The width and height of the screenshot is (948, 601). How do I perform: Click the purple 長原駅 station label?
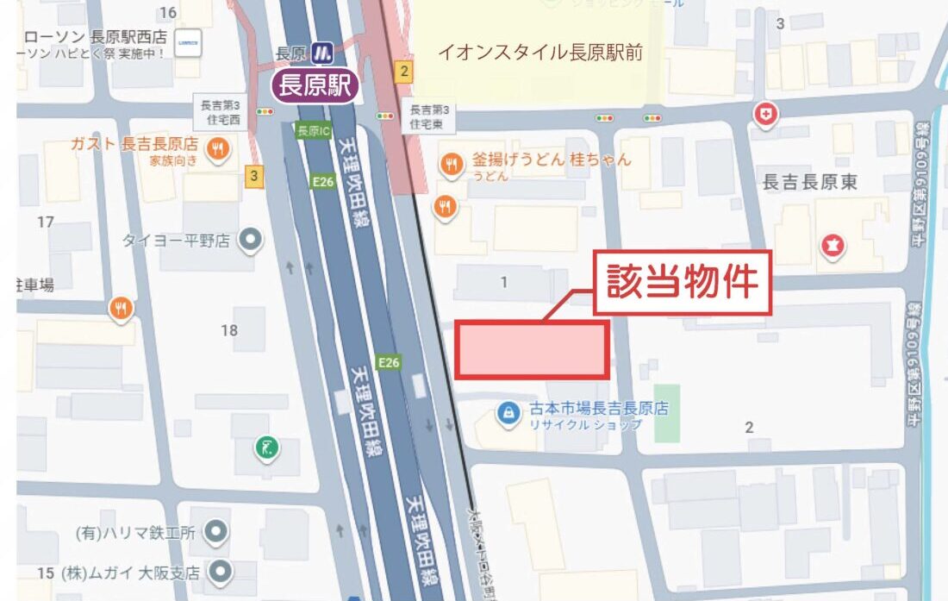pyautogui.click(x=315, y=85)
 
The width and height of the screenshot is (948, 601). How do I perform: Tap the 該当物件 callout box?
pyautogui.click(x=682, y=282)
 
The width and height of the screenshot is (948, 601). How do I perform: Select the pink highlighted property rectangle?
pyautogui.click(x=533, y=349)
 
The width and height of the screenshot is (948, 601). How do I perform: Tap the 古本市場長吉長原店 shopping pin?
pyautogui.click(x=508, y=414)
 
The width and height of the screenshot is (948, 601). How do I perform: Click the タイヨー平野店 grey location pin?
pyautogui.click(x=250, y=240)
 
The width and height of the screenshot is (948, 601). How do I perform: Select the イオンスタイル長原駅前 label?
pyautogui.click(x=540, y=53)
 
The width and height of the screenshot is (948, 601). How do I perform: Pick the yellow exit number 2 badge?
pyautogui.click(x=402, y=71)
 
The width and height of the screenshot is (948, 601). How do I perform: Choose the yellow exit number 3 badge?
pyautogui.click(x=253, y=176)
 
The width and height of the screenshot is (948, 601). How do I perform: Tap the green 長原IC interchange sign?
pyautogui.click(x=313, y=131)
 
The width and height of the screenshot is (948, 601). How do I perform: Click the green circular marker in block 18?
pyautogui.click(x=267, y=447)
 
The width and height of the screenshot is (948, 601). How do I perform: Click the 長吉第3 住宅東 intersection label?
pyautogui.click(x=428, y=117)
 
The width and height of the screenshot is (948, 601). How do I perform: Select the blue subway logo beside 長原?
pyautogui.click(x=324, y=52)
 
